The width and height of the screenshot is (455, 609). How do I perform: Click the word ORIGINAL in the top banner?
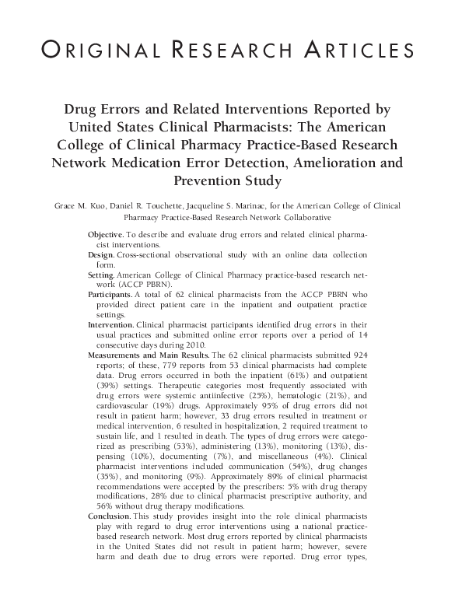[88, 51]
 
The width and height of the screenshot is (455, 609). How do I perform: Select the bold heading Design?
[102, 254]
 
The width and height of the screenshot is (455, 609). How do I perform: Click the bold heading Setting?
[103, 275]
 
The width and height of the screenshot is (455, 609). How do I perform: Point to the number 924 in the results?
[358, 353]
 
